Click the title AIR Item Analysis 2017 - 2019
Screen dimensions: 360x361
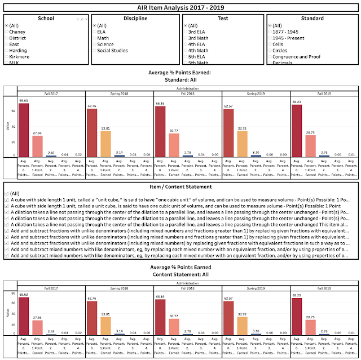pos(180,7)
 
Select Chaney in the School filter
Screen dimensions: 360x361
pos(17,32)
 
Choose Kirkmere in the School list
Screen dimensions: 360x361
pos(19,57)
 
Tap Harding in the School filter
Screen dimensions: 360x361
pos(18,51)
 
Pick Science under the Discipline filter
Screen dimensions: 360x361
pos(105,45)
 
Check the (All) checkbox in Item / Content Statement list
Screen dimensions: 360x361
pos(6,193)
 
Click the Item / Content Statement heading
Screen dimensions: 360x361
pos(180,186)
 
